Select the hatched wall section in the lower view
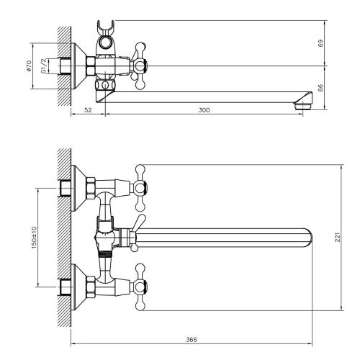(x=63, y=238)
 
